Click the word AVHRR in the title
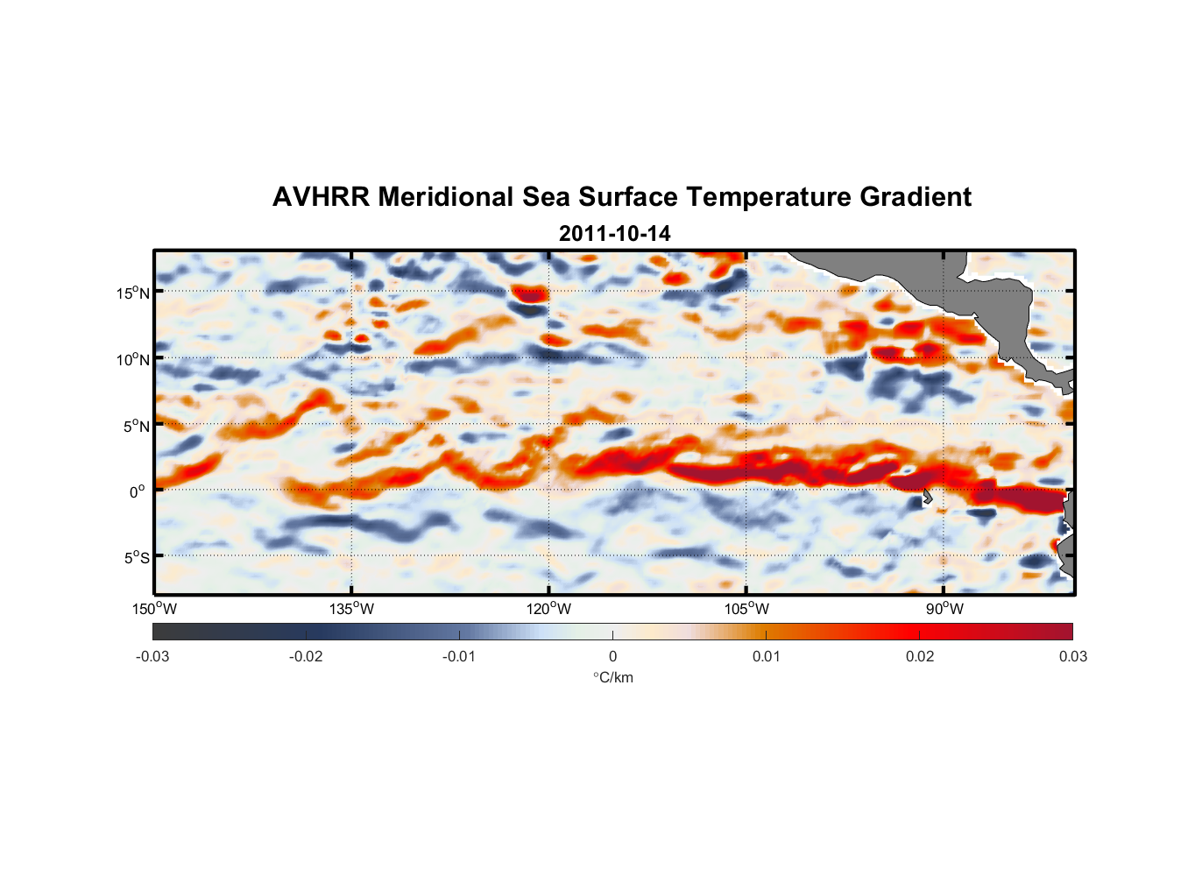tap(321, 197)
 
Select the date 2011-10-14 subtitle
tap(614, 234)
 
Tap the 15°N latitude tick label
tap(133, 293)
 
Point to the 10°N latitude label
tap(133, 359)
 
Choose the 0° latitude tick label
tap(138, 491)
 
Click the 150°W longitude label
tap(154, 609)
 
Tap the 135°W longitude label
tap(351, 609)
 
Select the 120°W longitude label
tap(548, 609)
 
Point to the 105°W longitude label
tap(746, 609)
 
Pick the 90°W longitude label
tap(944, 609)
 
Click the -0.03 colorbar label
tap(152, 656)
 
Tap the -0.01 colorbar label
tap(459, 656)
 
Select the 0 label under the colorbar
tap(612, 656)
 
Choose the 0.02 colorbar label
tap(920, 656)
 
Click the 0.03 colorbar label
tap(1072, 656)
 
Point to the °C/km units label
tap(612, 677)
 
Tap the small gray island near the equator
tap(927, 498)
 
